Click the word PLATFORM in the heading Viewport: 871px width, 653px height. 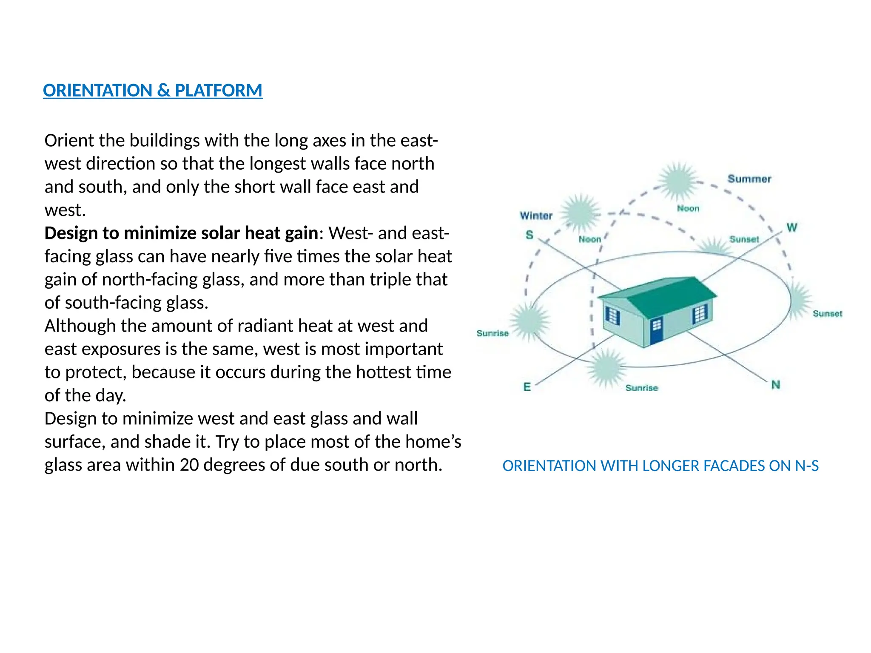click(x=219, y=91)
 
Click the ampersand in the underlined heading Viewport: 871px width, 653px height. click(x=163, y=91)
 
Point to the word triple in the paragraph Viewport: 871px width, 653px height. click(x=390, y=280)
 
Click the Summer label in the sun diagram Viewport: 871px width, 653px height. click(x=749, y=179)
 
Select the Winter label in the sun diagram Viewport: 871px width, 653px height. click(x=536, y=216)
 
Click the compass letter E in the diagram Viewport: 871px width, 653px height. click(x=527, y=387)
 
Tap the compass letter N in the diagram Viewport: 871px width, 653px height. click(x=776, y=385)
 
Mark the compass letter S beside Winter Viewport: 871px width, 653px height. click(x=529, y=235)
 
